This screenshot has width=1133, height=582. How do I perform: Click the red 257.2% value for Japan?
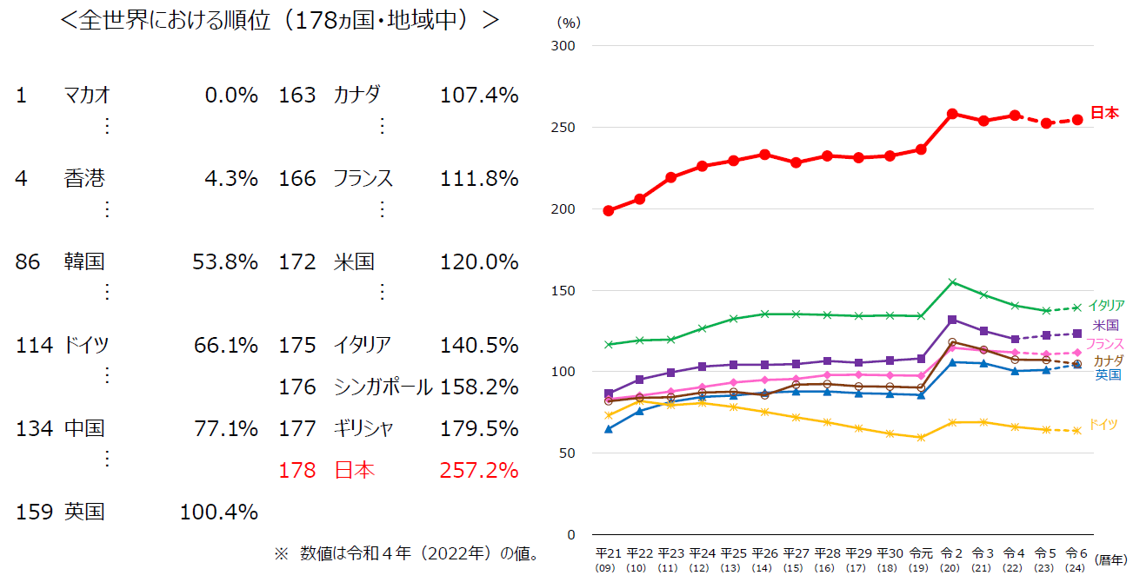(x=479, y=471)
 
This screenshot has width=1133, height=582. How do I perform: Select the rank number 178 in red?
(x=297, y=471)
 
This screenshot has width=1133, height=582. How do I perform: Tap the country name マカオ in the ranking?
(x=87, y=95)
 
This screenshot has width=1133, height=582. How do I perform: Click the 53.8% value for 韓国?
(x=225, y=261)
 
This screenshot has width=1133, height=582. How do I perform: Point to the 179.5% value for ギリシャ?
(x=479, y=428)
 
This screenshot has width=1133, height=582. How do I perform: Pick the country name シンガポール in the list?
(x=383, y=387)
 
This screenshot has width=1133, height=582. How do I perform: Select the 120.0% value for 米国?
(x=479, y=261)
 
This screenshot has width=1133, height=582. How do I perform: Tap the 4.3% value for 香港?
(x=230, y=178)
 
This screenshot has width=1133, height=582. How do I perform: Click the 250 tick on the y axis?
(x=564, y=127)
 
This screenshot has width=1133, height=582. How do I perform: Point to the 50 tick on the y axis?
(x=568, y=453)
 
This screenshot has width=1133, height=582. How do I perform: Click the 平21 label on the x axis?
(x=608, y=553)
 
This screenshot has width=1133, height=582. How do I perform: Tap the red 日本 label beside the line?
(x=1104, y=113)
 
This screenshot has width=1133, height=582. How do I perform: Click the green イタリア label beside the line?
(x=1106, y=306)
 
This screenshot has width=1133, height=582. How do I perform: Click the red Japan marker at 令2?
(x=952, y=114)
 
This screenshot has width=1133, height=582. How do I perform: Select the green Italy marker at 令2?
(x=952, y=281)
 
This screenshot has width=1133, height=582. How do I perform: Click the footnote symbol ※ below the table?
(x=280, y=553)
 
